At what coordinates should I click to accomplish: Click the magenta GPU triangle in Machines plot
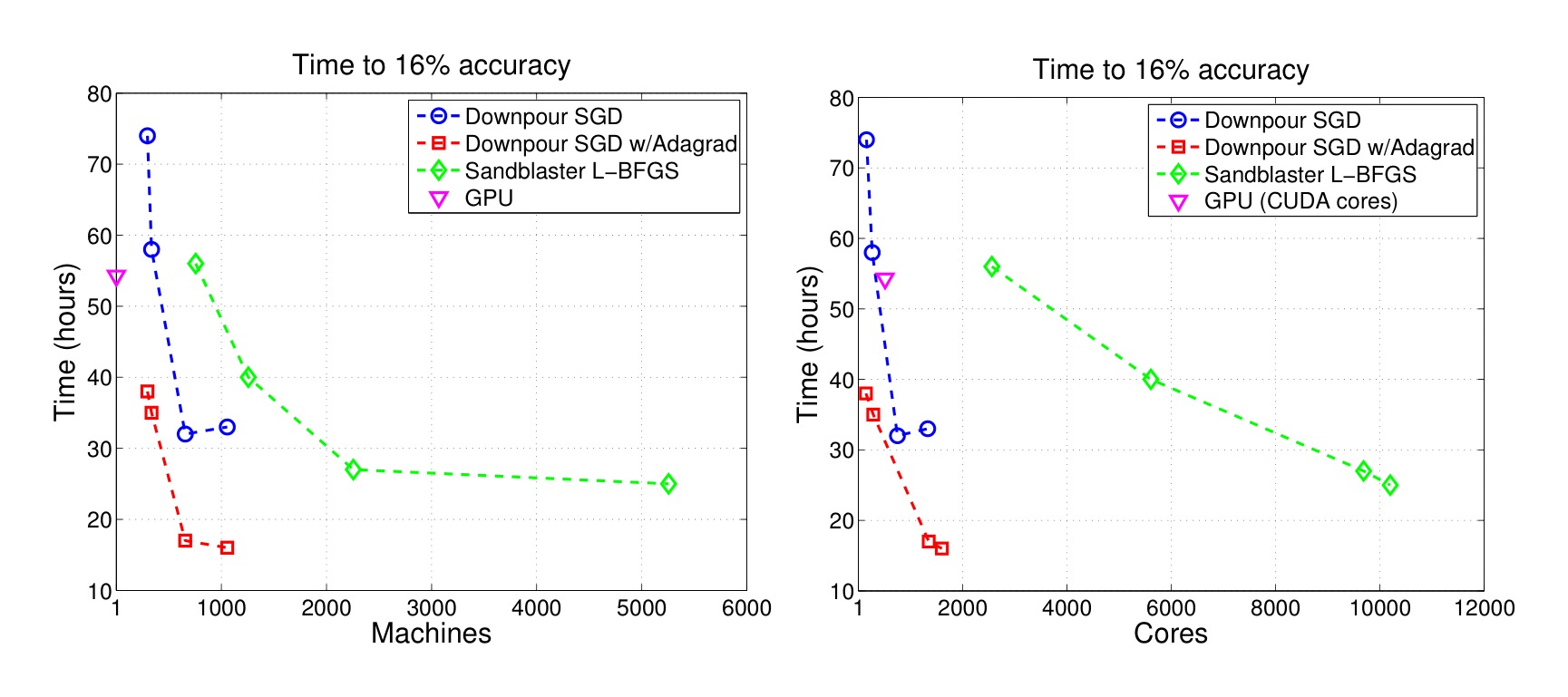[x=116, y=277]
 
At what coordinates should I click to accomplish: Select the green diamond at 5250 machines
[x=668, y=484]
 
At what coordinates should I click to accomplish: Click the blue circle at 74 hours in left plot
[x=147, y=136]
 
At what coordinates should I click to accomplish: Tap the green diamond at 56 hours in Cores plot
[x=991, y=266]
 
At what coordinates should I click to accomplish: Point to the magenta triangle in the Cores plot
[x=885, y=281]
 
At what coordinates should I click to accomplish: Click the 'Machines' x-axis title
[x=431, y=633]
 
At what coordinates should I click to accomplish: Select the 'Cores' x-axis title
[x=1170, y=633]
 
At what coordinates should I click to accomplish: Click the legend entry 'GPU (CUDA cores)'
[x=1300, y=201]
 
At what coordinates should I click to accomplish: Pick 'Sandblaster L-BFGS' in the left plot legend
[x=571, y=170]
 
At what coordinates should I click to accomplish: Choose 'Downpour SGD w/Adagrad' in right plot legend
[x=1339, y=147]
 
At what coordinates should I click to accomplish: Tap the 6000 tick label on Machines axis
[x=745, y=608]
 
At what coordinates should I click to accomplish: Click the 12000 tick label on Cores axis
[x=1484, y=608]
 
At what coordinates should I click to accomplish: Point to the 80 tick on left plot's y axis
[x=100, y=94]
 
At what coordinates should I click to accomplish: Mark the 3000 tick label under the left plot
[x=431, y=608]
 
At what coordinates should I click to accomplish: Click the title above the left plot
[x=431, y=65]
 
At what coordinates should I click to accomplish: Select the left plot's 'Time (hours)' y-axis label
[x=65, y=342]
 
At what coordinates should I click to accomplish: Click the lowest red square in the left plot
[x=227, y=547]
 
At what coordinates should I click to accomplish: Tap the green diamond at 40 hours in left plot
[x=248, y=377]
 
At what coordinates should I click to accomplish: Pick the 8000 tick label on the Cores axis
[x=1275, y=608]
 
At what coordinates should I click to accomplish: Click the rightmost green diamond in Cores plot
[x=1389, y=486]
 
